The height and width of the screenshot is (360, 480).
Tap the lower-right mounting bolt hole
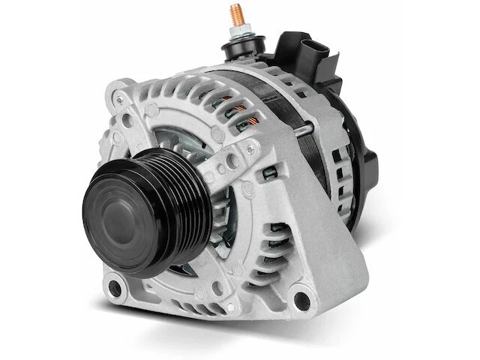(307, 295)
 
